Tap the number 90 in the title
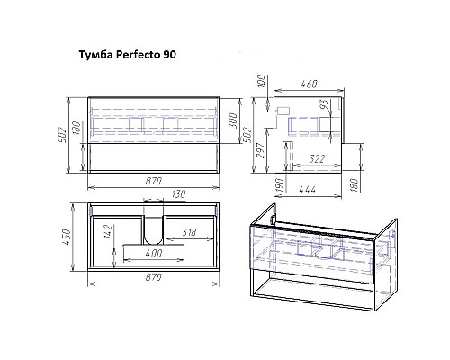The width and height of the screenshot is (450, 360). [x=169, y=56]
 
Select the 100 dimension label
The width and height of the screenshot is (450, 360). [x=260, y=84]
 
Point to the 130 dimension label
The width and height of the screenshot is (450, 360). [x=153, y=194]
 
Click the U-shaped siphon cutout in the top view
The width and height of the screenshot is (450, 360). [x=153, y=229]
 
